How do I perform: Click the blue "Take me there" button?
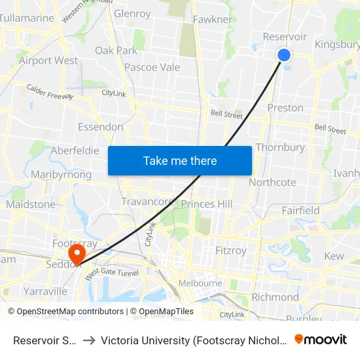coord(180,160)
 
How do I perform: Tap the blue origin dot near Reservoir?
coord(284,55)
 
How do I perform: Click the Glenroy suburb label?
coord(132,13)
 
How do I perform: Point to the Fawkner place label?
coord(213,19)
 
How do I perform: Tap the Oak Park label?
coord(116,50)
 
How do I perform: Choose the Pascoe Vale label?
coord(152,67)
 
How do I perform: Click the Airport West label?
coord(48,60)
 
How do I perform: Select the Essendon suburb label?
coord(100,126)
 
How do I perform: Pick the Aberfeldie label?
coord(75,151)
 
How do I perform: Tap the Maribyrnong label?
coord(61,175)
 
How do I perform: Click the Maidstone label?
coord(31,204)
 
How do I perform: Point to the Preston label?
coord(285,107)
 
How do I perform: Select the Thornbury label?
coord(280,147)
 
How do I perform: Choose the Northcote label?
coord(272,183)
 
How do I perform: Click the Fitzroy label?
coord(231,250)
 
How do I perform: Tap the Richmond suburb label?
coord(275,297)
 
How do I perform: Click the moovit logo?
coord(321,339)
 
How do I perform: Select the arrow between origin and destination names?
coord(90,340)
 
